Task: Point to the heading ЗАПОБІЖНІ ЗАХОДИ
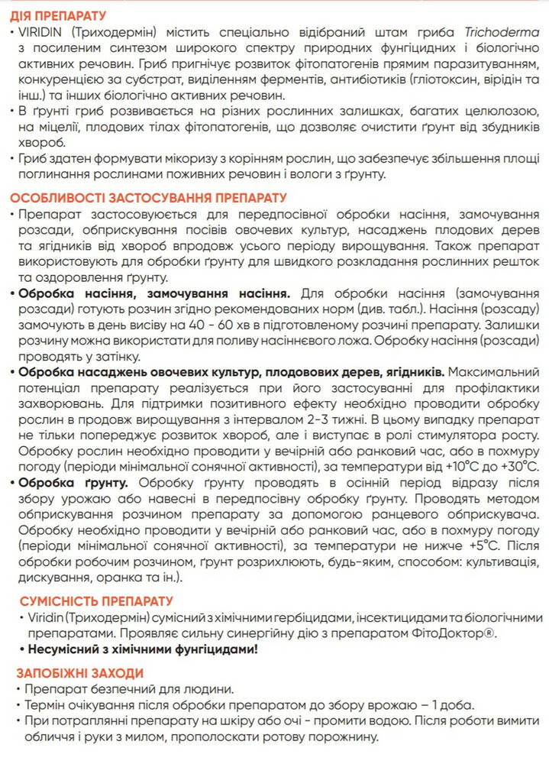pos(79,672)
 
